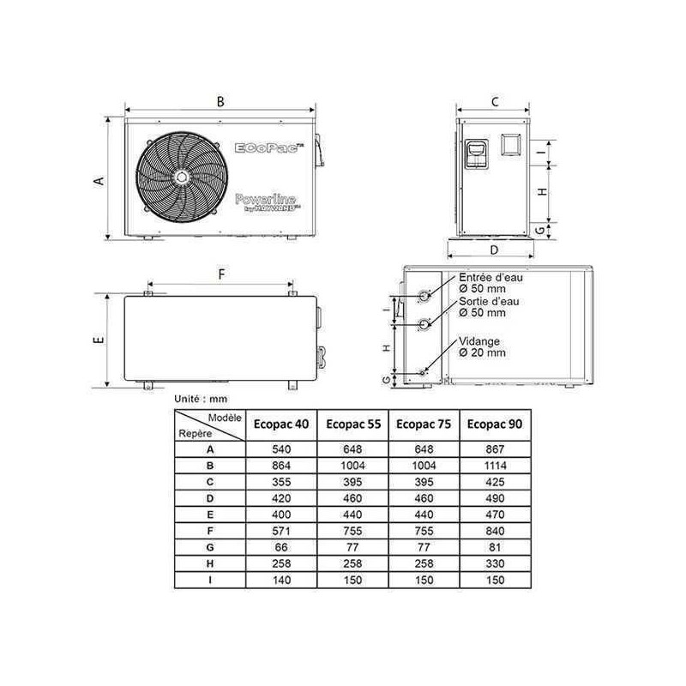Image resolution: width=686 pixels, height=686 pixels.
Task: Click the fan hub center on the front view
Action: (x=181, y=178)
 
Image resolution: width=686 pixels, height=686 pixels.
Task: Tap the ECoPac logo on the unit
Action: (x=269, y=147)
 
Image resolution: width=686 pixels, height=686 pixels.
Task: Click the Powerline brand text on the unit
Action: (x=266, y=200)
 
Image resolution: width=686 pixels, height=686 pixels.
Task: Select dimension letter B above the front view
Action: (x=220, y=101)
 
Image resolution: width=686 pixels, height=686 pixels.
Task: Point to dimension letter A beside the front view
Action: (x=99, y=181)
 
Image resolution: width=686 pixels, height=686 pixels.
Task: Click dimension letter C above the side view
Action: (x=495, y=102)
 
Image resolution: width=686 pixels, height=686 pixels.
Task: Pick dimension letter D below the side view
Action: (x=494, y=250)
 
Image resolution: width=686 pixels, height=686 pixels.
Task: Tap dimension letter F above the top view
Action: (x=221, y=274)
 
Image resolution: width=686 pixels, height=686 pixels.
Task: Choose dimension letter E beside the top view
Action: (x=99, y=340)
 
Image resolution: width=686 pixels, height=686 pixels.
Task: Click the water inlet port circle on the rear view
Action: (x=424, y=296)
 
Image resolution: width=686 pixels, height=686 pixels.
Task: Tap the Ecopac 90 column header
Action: (x=495, y=424)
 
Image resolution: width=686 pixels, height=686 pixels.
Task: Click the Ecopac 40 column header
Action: (x=281, y=424)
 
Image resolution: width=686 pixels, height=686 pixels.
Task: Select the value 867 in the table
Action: (x=495, y=449)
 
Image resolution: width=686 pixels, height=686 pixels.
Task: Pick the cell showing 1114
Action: (x=495, y=466)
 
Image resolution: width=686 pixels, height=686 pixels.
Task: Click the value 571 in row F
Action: (x=281, y=531)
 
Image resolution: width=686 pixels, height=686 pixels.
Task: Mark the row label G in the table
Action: (x=210, y=547)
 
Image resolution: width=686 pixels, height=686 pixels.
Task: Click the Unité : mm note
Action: (x=201, y=399)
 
